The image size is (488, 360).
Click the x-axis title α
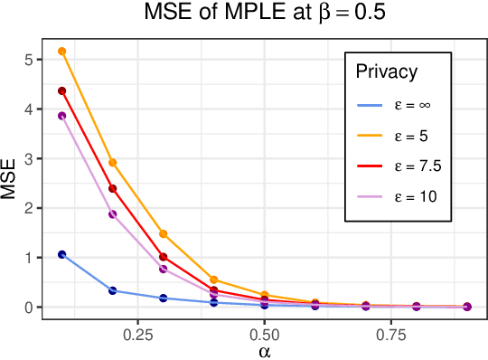[x=264, y=349]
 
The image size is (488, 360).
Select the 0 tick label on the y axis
[x=31, y=308]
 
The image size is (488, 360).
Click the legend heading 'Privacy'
[x=386, y=72]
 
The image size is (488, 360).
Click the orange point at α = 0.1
[x=62, y=52]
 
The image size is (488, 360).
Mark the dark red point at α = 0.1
[x=62, y=91]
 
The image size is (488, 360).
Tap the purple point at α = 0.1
[x=62, y=116]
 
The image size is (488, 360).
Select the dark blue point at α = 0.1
[x=62, y=255]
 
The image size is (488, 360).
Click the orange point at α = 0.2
[x=113, y=163]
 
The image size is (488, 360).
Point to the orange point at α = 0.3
[x=164, y=234]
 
